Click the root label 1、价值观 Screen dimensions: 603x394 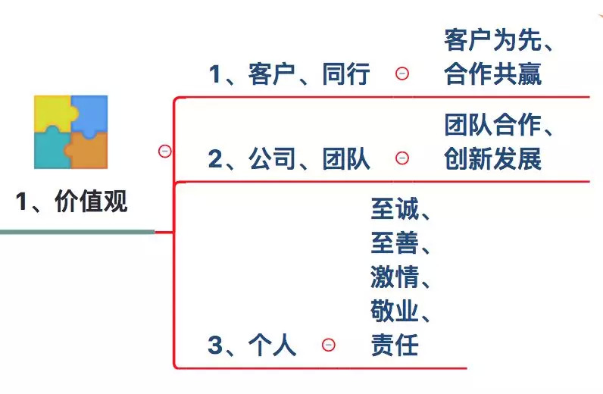click(x=72, y=202)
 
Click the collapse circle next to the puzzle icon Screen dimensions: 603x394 click(x=165, y=151)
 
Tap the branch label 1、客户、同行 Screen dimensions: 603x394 click(x=289, y=74)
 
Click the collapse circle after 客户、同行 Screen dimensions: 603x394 click(x=402, y=73)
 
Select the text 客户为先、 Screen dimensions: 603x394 click(x=500, y=41)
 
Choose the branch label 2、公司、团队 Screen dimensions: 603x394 click(x=289, y=159)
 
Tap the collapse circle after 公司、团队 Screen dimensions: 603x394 click(x=402, y=158)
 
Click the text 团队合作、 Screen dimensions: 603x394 click(x=500, y=126)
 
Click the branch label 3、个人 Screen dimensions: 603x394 click(x=252, y=346)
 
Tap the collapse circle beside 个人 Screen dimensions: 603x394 click(x=329, y=345)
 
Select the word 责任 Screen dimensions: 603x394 click(x=395, y=346)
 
